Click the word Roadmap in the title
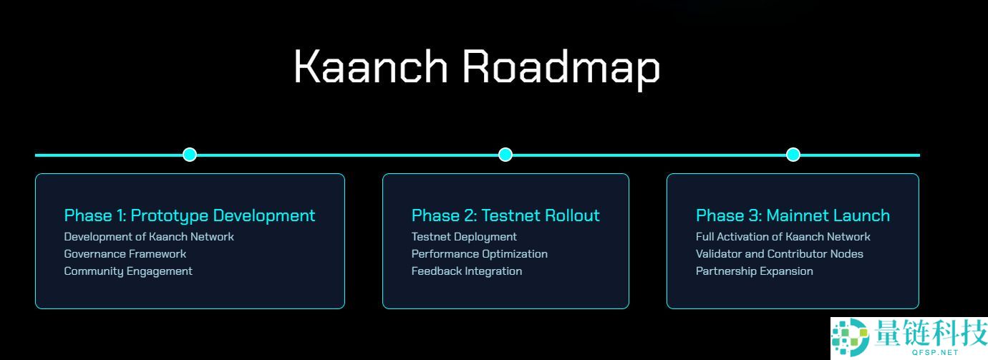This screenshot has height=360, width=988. click(561, 67)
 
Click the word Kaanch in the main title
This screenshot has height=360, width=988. click(370, 67)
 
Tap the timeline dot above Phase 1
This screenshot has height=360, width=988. click(190, 155)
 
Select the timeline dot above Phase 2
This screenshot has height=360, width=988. click(505, 155)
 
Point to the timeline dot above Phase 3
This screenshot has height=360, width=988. click(793, 155)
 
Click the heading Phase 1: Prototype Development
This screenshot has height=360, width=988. click(190, 215)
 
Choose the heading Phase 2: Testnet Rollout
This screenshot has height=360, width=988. click(505, 215)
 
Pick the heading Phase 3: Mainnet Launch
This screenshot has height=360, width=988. click(793, 215)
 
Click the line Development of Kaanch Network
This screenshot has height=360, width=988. click(149, 237)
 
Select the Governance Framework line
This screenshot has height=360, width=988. click(125, 254)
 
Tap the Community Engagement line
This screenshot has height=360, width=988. click(128, 271)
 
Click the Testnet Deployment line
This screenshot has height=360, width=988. click(464, 237)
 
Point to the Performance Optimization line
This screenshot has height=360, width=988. click(480, 254)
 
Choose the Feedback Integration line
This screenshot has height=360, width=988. click(467, 271)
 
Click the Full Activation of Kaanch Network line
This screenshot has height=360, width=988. click(783, 237)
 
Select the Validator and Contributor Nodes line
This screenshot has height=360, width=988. click(780, 254)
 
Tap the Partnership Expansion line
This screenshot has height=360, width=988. click(755, 271)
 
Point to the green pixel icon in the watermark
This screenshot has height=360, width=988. click(849, 338)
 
